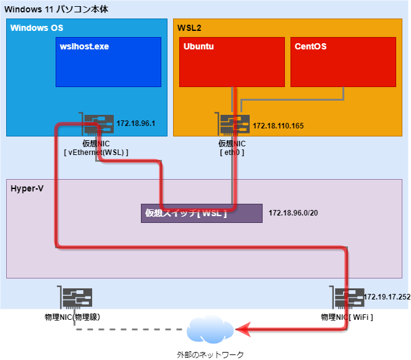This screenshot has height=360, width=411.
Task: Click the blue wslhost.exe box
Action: click(x=108, y=62)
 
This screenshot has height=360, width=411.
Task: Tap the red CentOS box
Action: click(x=343, y=62)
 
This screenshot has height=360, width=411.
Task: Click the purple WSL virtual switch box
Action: click(x=201, y=213)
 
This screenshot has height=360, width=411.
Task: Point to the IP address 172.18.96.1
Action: click(x=135, y=123)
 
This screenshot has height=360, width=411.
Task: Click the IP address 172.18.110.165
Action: click(x=278, y=126)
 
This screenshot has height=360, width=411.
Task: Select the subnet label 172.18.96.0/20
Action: click(x=293, y=213)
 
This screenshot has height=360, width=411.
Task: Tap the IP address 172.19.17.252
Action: click(x=386, y=297)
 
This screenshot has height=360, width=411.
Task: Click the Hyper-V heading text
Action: click(x=27, y=187)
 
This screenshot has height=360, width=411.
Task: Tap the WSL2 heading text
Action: click(x=189, y=28)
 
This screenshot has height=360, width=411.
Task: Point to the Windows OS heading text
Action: click(x=37, y=28)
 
